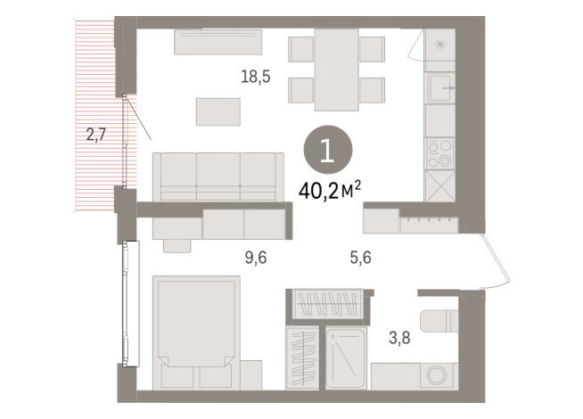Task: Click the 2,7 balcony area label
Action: pos(96,136)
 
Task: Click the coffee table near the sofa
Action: pos(218,111)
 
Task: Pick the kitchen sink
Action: pos(440,88)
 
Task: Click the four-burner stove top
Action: pos(439,152)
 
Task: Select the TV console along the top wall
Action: pos(218,42)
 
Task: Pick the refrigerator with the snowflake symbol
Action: pos(439,44)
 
